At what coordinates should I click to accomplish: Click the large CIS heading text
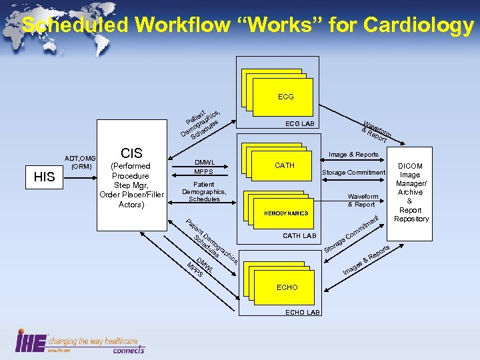click(x=131, y=153)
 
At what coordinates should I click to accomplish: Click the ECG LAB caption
click(x=300, y=124)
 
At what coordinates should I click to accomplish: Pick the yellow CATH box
click(x=285, y=165)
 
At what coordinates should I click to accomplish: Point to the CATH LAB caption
click(x=299, y=235)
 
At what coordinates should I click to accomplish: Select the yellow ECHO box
click(x=287, y=287)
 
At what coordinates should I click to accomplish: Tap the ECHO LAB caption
click(x=303, y=313)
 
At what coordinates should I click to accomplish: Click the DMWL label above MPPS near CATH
click(x=204, y=162)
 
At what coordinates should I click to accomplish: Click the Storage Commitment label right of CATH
click(x=353, y=173)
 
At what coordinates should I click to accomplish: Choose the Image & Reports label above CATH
click(x=354, y=155)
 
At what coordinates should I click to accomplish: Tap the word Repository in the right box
click(x=411, y=219)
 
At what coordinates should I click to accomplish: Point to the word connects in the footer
click(x=128, y=349)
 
